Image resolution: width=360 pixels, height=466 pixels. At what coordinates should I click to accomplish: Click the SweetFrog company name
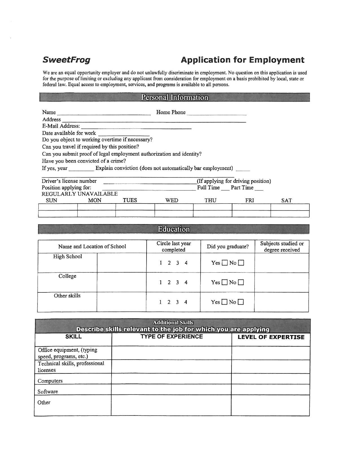click(66, 60)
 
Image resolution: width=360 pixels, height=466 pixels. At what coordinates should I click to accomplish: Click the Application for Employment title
click(243, 60)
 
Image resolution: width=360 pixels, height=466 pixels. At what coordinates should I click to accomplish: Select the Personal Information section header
click(174, 97)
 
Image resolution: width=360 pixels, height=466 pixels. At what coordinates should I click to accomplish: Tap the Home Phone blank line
click(216, 114)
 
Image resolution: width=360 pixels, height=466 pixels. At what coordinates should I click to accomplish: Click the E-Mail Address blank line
click(136, 128)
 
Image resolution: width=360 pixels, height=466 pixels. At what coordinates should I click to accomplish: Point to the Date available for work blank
click(124, 135)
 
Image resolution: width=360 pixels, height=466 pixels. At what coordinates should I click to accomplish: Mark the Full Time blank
click(225, 189)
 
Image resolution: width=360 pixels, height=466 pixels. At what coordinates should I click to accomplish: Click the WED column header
click(172, 200)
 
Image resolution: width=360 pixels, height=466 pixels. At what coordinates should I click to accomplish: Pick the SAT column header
click(287, 201)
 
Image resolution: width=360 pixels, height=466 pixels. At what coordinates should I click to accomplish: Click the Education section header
click(174, 229)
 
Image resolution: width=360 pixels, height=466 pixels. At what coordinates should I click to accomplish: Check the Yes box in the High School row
click(225, 263)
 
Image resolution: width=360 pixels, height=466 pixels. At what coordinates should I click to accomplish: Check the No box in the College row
click(241, 283)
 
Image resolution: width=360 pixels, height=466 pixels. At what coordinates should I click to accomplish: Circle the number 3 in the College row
click(177, 283)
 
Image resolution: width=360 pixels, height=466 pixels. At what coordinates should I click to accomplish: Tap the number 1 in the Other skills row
click(161, 302)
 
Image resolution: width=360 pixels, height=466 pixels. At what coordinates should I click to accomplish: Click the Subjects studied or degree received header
click(282, 247)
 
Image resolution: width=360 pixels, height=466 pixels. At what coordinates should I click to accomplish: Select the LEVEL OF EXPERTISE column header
click(271, 337)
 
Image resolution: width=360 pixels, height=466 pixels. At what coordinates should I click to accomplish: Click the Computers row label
click(50, 381)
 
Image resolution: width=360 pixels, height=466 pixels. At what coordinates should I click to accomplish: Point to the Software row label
click(48, 392)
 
